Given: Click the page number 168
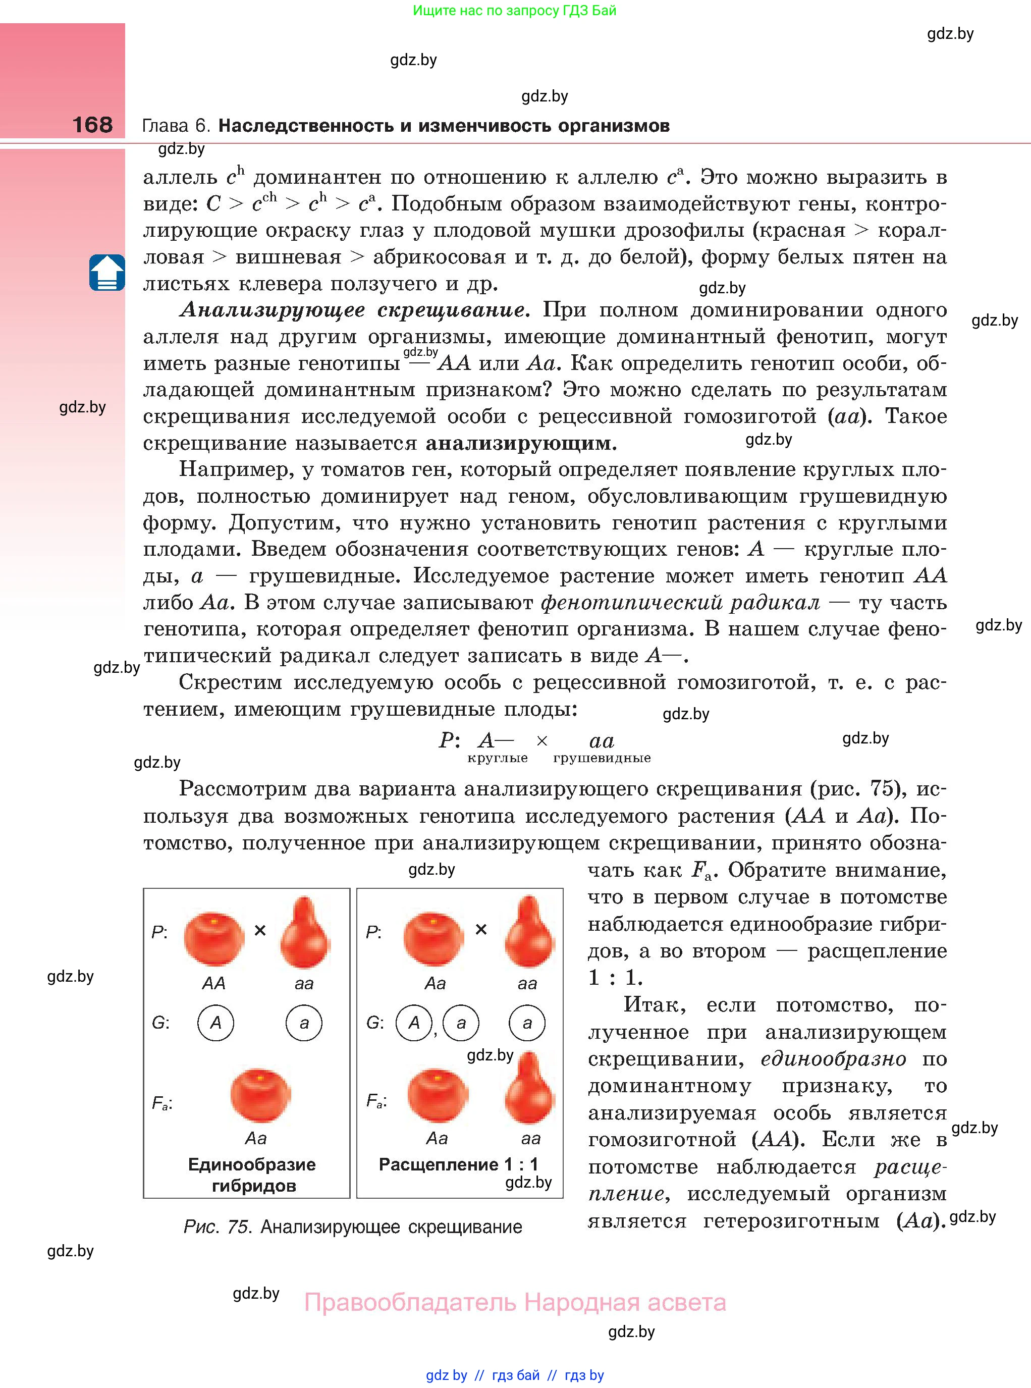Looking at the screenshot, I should click(x=92, y=124).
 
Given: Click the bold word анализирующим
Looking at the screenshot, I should click(x=520, y=443).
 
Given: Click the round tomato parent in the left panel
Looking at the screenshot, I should click(x=214, y=938).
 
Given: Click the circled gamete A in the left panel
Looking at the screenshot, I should click(x=215, y=1023).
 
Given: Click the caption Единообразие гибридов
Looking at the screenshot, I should click(x=252, y=1175).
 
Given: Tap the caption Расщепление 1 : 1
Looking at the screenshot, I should click(x=458, y=1164).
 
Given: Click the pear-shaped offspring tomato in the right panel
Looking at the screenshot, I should click(x=529, y=1089).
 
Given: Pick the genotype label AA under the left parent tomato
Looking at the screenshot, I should click(x=213, y=984).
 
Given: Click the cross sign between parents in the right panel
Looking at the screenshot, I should click(x=480, y=930).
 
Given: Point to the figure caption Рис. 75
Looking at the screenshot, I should click(x=353, y=1227).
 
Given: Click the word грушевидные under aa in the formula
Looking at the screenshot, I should click(x=602, y=758).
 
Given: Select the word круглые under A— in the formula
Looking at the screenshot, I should click(x=498, y=758).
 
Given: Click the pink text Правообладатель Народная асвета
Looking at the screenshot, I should click(x=515, y=1303).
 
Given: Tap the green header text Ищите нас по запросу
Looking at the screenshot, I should click(x=514, y=11).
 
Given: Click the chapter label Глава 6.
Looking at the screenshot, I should click(x=177, y=126).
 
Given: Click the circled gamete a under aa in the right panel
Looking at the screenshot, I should click(x=527, y=1023).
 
